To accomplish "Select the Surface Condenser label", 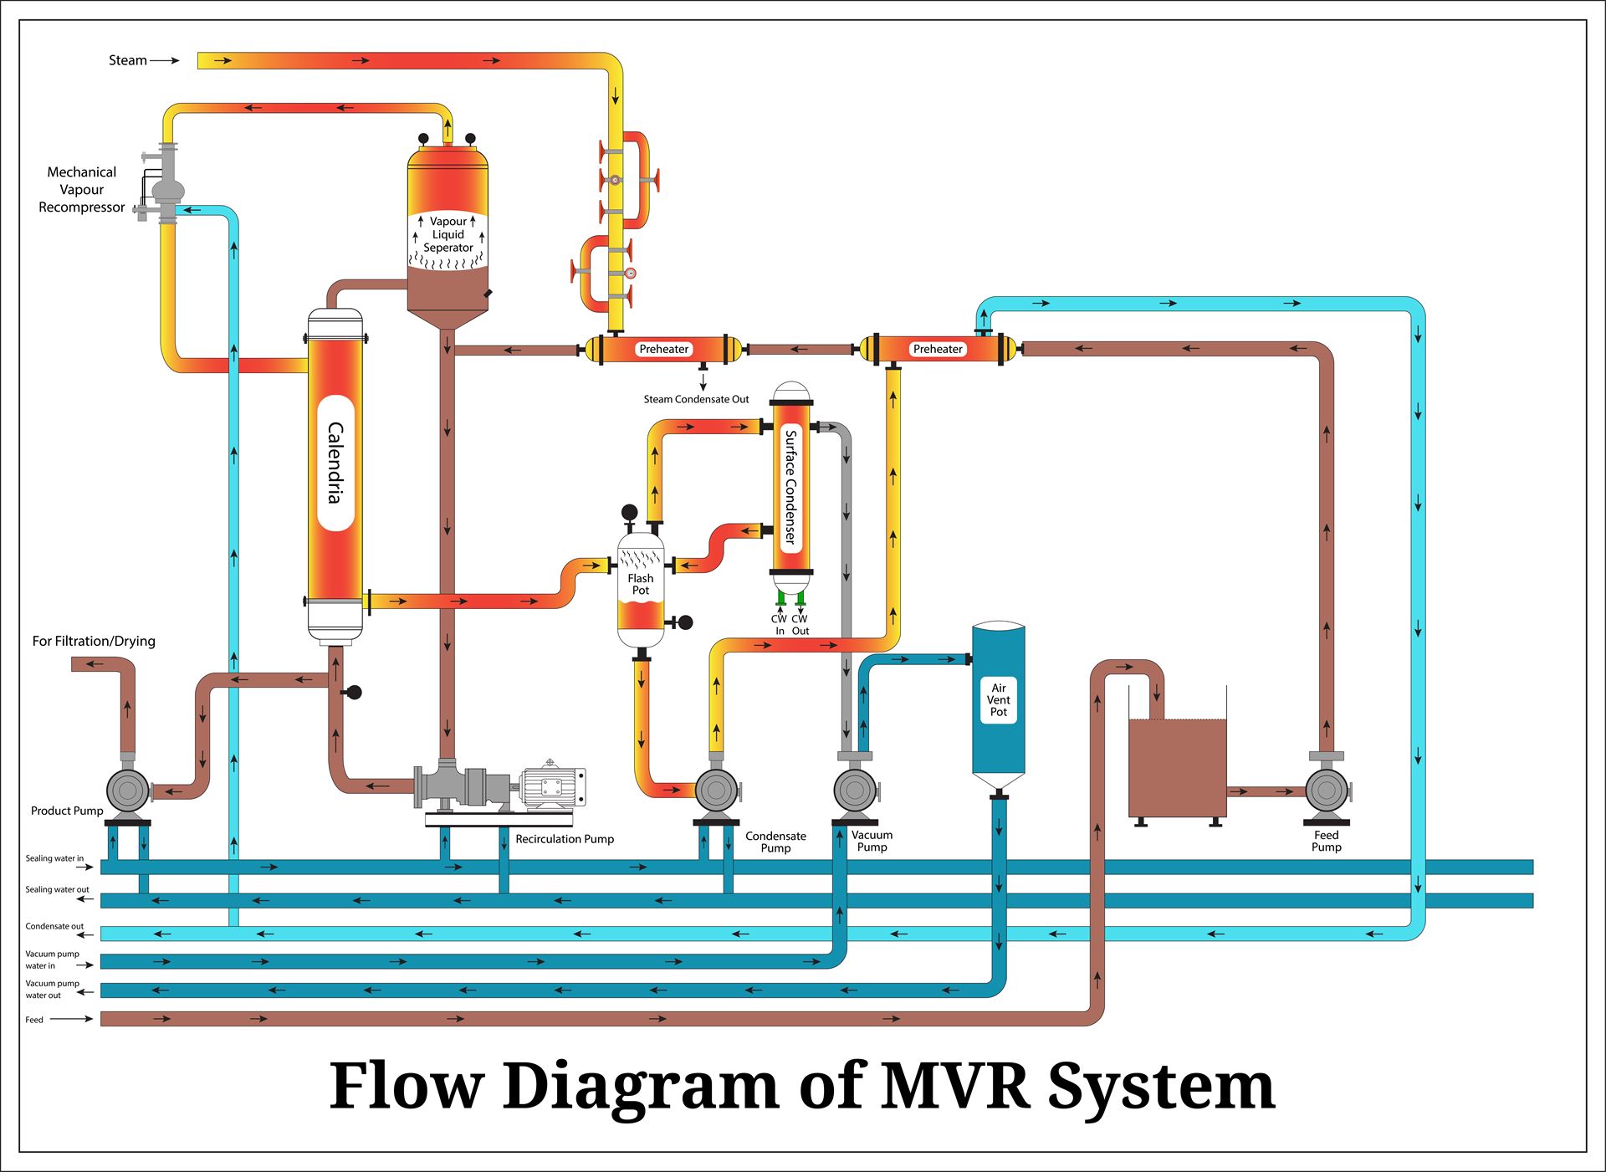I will [790, 487].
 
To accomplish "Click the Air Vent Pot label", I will [998, 700].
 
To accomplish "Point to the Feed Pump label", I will [1326, 841].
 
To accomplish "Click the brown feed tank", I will [1177, 767].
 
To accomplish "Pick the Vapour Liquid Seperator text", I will [448, 235].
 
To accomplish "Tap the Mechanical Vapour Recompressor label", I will [82, 190].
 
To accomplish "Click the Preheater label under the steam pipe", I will [663, 350].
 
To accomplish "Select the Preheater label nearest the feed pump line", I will [938, 350].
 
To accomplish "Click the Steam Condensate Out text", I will [696, 400].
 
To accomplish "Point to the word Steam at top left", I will [128, 60].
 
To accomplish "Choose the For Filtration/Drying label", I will [94, 642].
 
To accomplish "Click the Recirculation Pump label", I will [565, 839].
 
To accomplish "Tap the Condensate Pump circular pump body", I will [716, 788].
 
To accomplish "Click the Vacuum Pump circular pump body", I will [855, 788].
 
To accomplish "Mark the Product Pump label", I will [67, 811].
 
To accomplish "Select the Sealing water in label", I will [54, 858].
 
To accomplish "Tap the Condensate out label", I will [54, 926].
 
